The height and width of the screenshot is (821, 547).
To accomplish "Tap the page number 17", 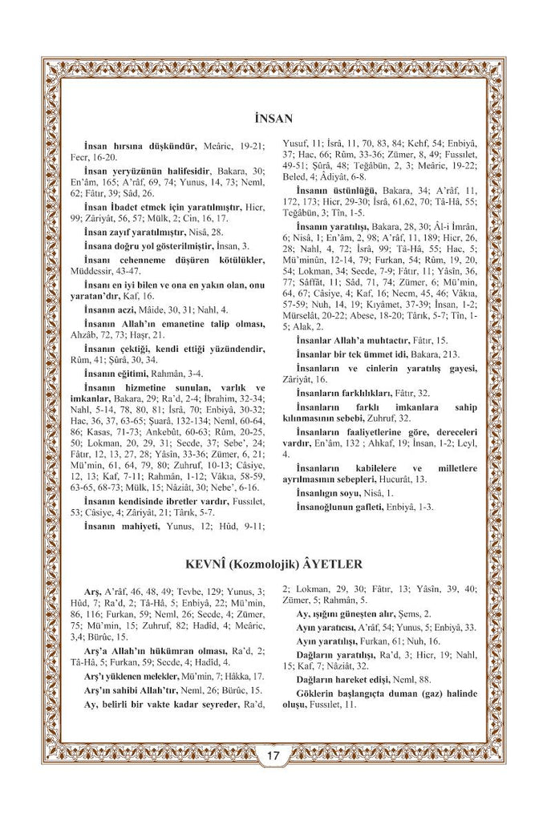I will coord(273,754).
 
